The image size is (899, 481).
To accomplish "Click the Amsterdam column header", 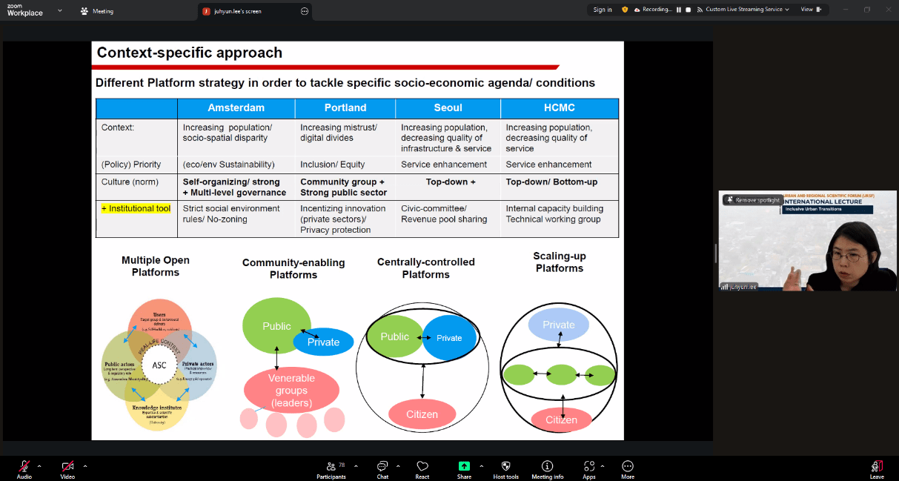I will point(236,107).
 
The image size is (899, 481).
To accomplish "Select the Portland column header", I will point(345,107).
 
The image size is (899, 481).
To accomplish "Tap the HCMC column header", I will point(559,107).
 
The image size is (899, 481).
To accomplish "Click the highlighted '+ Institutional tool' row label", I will point(136,209).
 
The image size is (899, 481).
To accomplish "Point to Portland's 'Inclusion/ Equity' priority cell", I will point(332,165).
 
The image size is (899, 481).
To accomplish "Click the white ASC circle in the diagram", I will point(159,365).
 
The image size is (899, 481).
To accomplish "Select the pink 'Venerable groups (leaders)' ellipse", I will point(291,391).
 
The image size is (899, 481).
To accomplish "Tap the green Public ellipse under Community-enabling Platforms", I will point(276,326).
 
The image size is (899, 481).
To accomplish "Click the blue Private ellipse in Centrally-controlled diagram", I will point(449,338).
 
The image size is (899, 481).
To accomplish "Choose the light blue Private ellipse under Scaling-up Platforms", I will point(558,325).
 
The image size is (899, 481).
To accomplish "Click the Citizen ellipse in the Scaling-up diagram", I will point(561,420).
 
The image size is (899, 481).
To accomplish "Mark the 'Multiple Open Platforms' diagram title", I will point(156,266).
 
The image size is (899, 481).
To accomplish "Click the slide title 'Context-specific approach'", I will point(190,53).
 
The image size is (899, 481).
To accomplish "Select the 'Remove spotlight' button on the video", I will point(753,200).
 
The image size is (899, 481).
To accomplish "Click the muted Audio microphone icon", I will point(24,467).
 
